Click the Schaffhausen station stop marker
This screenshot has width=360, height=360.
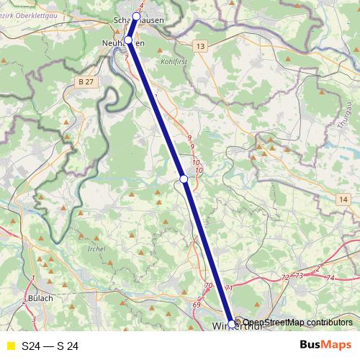136,16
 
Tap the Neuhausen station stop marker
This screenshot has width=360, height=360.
128,40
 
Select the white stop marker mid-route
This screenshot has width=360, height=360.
184,178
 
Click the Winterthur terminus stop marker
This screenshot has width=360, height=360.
232,323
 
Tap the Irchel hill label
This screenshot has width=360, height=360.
95,248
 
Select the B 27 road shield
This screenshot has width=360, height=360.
85,83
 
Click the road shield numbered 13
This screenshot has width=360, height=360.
199,47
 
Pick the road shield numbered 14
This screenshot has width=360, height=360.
343,199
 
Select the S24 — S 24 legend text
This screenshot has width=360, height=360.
50,346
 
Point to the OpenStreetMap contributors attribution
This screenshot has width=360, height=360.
297,323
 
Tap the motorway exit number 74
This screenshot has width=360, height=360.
330,278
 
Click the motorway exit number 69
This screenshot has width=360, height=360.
197,305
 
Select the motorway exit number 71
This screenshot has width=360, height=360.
229,289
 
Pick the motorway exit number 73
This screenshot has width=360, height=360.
300,276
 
